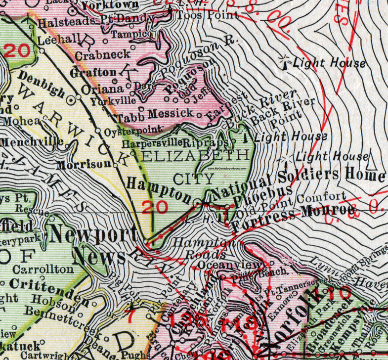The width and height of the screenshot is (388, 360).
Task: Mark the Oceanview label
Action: tap(220, 265)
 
